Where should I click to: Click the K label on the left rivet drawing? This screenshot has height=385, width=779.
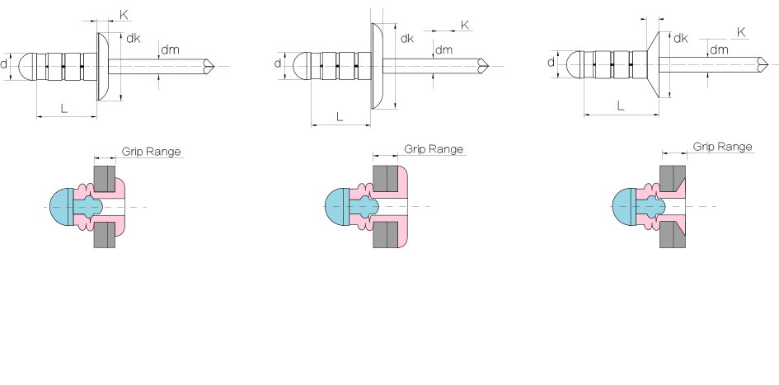tap(124, 15)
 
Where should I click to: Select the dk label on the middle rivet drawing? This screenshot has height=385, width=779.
tap(407, 38)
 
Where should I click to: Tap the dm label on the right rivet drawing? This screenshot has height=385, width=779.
tap(719, 49)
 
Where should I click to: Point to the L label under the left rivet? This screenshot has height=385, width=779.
tap(64, 108)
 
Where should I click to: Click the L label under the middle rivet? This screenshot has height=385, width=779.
tap(340, 117)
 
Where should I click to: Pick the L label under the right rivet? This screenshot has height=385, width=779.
tap(621, 106)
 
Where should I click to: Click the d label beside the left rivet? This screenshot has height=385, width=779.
tap(4, 63)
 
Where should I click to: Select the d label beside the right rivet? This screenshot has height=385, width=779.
tap(551, 62)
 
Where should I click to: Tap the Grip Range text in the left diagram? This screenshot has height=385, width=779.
tap(152, 152)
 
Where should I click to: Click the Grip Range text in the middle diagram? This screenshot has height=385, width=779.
tap(434, 149)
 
